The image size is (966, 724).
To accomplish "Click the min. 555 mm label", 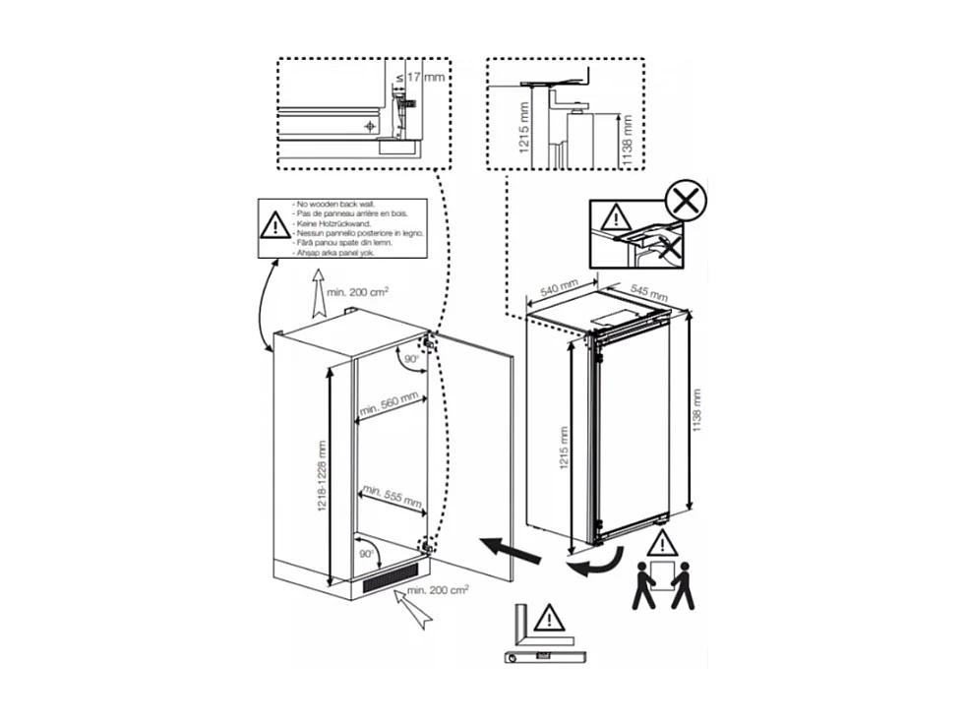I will (391, 495).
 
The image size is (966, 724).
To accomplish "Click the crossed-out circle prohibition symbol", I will (687, 203).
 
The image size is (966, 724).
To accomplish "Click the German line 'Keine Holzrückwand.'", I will (328, 223).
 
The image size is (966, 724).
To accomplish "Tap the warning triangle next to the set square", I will (549, 619).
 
